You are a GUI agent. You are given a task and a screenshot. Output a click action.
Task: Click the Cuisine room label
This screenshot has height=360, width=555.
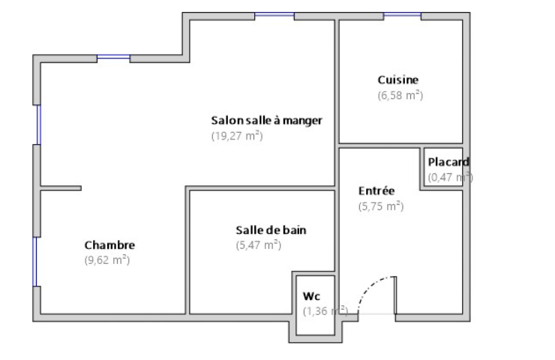click(397, 80)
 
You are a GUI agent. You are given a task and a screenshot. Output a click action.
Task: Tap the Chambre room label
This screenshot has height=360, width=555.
click(109, 245)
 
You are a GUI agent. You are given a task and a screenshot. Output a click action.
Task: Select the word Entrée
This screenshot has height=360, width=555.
click(376, 190)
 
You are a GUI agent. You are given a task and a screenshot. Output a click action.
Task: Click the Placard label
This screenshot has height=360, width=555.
click(448, 162)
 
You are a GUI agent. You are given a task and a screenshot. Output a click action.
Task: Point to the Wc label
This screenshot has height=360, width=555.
click(311, 296)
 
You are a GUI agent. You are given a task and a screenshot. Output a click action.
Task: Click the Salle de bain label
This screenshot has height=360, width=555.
click(271, 230)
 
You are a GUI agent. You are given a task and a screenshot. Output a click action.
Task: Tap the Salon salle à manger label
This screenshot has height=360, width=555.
click(266, 121)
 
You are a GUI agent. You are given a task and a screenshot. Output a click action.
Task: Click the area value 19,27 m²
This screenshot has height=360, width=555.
click(237, 136)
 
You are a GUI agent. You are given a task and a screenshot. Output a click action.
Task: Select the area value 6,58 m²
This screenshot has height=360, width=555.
click(400, 95)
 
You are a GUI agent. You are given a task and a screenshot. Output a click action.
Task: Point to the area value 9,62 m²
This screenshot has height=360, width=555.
click(107, 260)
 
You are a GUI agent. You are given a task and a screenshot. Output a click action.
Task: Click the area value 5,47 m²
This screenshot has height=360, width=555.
click(259, 245)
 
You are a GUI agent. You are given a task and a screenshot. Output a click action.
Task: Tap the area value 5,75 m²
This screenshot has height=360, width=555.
click(381, 206)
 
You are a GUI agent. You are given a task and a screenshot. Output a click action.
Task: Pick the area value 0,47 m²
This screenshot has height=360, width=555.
click(450, 177)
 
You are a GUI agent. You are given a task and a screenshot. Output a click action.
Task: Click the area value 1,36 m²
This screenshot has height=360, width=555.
click(325, 311)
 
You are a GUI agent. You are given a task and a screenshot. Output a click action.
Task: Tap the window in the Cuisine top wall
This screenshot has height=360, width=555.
click(402, 15)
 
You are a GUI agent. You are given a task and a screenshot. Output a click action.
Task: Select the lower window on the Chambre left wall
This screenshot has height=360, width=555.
click(35, 262)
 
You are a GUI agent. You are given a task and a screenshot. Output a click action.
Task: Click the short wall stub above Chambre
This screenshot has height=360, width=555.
click(61, 188)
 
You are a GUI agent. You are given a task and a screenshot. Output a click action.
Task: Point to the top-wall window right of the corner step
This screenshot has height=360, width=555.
click(274, 15)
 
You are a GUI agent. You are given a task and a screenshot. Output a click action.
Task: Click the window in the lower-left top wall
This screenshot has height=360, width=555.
click(113, 57)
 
